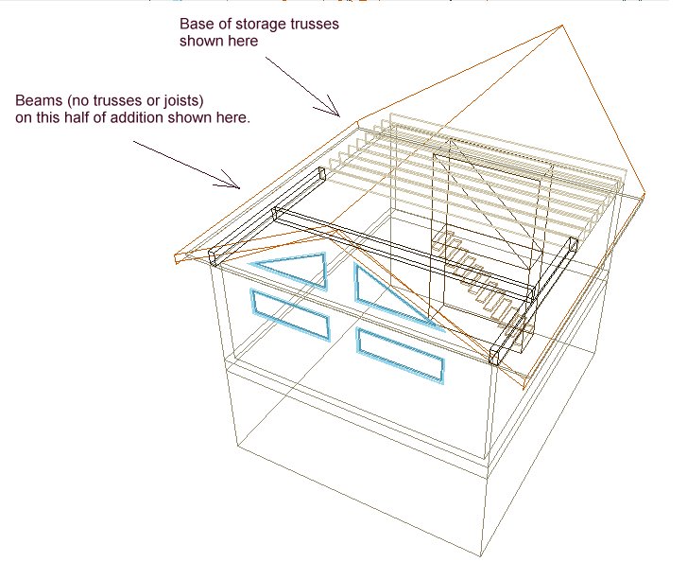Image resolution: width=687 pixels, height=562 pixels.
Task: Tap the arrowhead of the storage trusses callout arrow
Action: [339, 116]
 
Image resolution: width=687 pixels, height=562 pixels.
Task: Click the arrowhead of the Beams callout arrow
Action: [239, 188]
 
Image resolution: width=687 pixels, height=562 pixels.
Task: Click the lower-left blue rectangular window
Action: [290, 314]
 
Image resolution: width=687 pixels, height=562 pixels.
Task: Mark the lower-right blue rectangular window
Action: [400, 356]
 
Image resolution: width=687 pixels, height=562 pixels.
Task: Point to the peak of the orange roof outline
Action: [562, 26]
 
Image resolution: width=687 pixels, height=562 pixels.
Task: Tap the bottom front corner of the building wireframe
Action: [481, 554]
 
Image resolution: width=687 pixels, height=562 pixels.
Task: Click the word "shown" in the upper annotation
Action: [199, 41]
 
